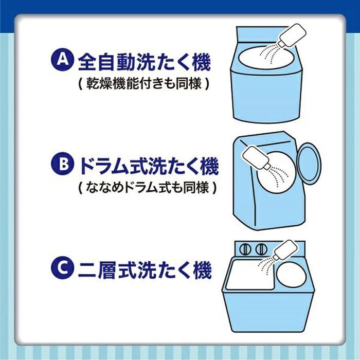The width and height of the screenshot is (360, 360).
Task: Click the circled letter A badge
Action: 62,60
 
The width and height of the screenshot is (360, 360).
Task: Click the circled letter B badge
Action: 62,164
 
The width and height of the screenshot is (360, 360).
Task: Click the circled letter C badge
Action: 62,267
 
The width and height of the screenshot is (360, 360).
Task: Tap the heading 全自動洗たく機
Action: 145,62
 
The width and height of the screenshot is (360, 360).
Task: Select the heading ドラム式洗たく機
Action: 149,166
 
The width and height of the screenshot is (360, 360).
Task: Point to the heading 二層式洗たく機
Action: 145,270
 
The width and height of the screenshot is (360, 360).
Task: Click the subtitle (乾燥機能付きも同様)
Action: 144,84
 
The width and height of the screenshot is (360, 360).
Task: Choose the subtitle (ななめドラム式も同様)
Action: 148,188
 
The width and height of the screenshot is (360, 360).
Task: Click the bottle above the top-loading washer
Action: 292,35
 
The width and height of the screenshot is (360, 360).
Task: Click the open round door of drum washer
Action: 309,164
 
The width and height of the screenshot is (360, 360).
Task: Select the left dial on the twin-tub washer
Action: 245,249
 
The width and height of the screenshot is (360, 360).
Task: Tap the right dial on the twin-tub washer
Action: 261,249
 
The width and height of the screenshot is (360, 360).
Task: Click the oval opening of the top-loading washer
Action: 266,58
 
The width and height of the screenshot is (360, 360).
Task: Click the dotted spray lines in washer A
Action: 270,53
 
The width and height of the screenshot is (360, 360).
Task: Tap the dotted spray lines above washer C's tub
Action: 266,264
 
